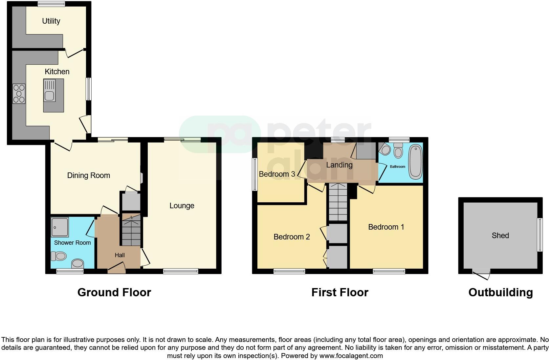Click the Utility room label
click(51, 21)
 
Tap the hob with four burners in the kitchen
click(19, 94)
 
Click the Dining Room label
click(88, 175)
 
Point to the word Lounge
click(182, 206)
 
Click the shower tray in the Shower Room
click(60, 227)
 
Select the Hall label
click(120, 255)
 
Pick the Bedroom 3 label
click(277, 174)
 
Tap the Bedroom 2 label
click(292, 237)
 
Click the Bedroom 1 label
click(386, 227)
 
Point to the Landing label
click(339, 165)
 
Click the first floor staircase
click(338, 202)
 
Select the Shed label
click(500, 236)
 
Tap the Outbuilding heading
click(500, 292)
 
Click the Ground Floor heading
click(114, 292)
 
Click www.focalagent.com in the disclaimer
click(351, 356)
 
